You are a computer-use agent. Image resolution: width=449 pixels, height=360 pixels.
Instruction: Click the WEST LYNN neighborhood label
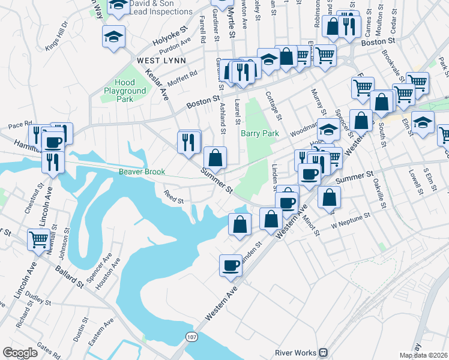click(x=161, y=61)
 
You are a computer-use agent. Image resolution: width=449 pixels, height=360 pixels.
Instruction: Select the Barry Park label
click(x=260, y=133)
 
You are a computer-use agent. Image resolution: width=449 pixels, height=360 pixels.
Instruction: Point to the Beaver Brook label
click(x=142, y=172)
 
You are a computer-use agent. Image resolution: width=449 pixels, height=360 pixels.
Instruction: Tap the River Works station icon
click(x=323, y=352)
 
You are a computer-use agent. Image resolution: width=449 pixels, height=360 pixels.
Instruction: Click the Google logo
click(x=20, y=352)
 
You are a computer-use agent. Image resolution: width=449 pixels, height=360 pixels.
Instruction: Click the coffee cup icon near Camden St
click(x=231, y=265)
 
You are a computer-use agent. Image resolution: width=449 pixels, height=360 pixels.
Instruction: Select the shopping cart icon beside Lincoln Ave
click(x=38, y=238)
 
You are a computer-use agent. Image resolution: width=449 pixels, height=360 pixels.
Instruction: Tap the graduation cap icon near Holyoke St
click(x=114, y=36)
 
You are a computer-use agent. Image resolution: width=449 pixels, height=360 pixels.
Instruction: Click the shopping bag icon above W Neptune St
click(x=329, y=197)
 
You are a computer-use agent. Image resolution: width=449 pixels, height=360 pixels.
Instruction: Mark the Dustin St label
click(x=78, y=332)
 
